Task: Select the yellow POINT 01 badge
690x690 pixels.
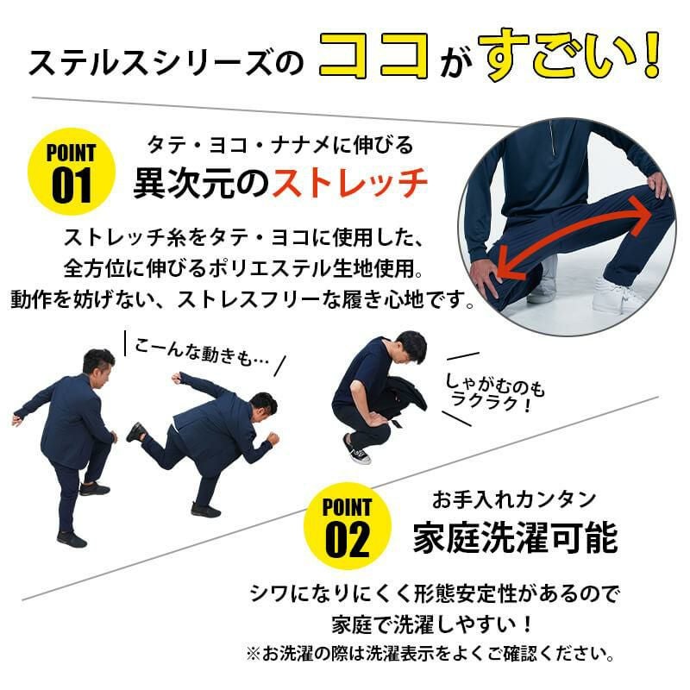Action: coord(71,170)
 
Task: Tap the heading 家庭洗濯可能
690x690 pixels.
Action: coord(515,539)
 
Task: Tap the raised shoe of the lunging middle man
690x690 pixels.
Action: coord(136,431)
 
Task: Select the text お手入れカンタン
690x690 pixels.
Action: coord(514,499)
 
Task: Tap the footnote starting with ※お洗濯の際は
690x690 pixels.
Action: coord(430,653)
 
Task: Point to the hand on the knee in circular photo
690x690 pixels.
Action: coord(486,275)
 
